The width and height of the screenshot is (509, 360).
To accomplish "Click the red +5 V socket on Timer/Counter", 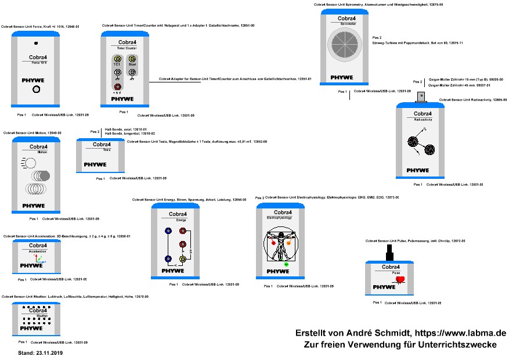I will click(x=117, y=85).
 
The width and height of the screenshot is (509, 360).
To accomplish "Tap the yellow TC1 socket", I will click(x=117, y=60).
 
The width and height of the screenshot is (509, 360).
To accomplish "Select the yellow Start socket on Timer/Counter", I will click(x=132, y=60).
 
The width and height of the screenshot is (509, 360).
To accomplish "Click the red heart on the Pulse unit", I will click(x=400, y=280).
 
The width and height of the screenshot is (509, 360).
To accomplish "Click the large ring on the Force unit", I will click(x=36, y=89).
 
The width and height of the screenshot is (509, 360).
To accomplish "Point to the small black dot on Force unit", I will click(x=36, y=44).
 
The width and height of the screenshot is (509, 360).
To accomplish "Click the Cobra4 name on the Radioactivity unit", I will click(x=422, y=114).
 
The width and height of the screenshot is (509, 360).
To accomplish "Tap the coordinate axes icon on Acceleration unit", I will click(x=38, y=257).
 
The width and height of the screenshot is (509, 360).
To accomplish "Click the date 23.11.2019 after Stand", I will click(x=48, y=352).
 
